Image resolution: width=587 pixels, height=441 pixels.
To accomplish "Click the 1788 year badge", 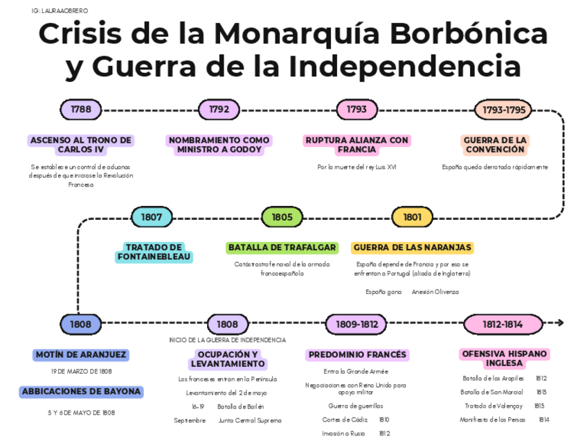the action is pos(81,110).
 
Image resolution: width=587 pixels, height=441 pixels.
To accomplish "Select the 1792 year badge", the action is pos(219,110).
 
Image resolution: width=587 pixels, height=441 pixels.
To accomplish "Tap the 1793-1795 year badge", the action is pos(504,110).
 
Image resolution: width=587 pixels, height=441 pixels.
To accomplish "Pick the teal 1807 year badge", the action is pos(152,217).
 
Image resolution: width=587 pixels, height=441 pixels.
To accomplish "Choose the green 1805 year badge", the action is pos(282,217).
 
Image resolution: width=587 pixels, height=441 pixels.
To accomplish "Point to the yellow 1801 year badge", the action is pos(413,217).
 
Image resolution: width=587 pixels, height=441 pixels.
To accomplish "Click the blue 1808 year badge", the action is pos(81,324).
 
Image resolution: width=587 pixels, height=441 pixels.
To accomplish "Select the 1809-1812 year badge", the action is pos(356,324).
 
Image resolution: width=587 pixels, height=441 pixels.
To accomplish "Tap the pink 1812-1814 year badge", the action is pos(503,324).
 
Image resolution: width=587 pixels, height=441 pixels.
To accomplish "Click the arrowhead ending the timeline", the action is pos(559,323).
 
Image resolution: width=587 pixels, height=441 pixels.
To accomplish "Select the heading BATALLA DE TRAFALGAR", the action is pos(282,248).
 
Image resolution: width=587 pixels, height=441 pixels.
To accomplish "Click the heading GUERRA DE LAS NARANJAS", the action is pos(412,248).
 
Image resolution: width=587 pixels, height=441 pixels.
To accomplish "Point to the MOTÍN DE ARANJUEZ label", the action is pos(81,355).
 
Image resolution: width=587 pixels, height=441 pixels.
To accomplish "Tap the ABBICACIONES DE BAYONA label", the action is pos(81,392).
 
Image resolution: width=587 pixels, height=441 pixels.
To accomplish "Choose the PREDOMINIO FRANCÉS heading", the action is pos(357,355).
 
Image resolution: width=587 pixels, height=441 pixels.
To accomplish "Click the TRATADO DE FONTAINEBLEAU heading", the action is pos(154,252).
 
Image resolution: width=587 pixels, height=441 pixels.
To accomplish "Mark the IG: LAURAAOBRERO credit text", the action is pos(60,11).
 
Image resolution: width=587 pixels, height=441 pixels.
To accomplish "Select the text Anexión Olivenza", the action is pos(435,292).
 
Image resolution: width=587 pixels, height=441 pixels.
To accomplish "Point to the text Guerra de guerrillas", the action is pos(356,406).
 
